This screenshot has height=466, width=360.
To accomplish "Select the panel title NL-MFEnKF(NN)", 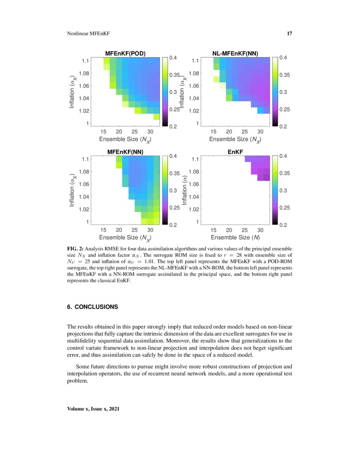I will tap(235, 53).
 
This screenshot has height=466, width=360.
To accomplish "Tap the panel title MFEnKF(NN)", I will tap(125, 152).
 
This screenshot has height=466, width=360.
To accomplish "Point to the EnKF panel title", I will tap(235, 152).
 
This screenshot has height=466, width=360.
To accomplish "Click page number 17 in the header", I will tap(290, 33).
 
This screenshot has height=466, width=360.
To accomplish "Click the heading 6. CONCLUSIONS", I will tap(92, 307).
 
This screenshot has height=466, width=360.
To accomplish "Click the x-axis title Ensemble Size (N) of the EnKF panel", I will tap(235, 237).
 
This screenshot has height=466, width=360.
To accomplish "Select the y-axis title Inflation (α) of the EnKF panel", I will tap(184, 191).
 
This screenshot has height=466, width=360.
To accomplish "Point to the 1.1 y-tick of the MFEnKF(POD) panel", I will tap(86, 61).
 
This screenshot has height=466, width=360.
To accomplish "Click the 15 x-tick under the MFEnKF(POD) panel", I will tap(104, 131).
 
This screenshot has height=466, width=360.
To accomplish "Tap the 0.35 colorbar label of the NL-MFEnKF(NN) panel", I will tap(284, 75).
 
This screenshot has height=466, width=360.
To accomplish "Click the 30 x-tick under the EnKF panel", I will tap(260, 230).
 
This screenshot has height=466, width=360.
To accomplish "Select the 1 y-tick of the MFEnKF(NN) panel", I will tap(87, 222).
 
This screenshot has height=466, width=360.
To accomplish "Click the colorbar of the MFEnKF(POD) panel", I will tap(164, 92).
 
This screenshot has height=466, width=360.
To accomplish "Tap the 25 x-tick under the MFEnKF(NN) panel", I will tap(135, 230).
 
